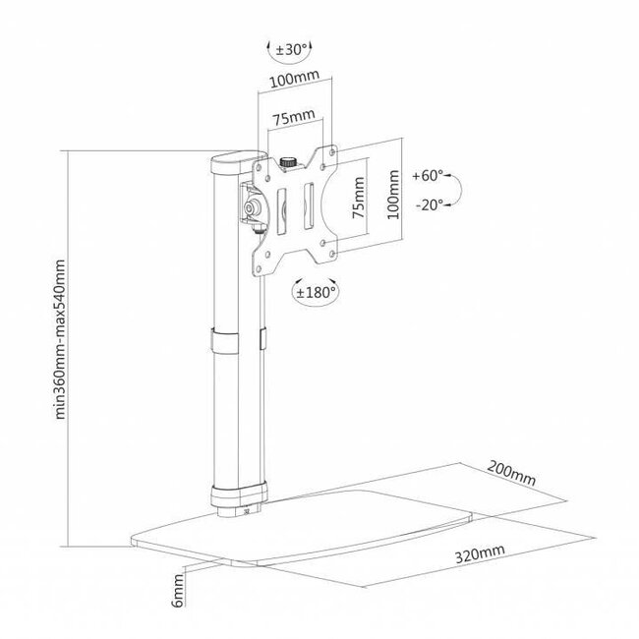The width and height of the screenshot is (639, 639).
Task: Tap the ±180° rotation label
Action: [319, 291]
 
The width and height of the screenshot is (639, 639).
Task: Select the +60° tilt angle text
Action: [430, 176]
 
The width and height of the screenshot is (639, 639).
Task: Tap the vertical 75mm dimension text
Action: [360, 199]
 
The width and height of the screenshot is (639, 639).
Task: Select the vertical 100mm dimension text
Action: [394, 193]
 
